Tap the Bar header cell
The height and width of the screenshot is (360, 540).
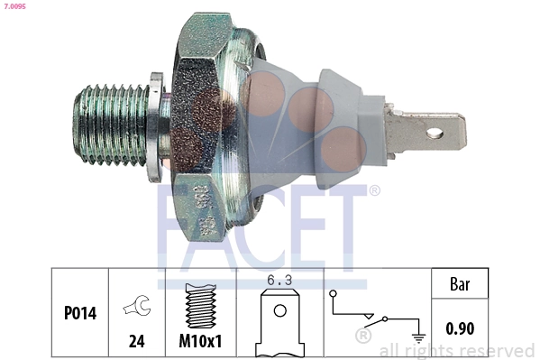click(461, 283)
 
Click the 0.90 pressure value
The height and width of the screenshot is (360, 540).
click(461, 329)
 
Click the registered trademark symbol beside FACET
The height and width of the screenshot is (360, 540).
click(374, 190)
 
